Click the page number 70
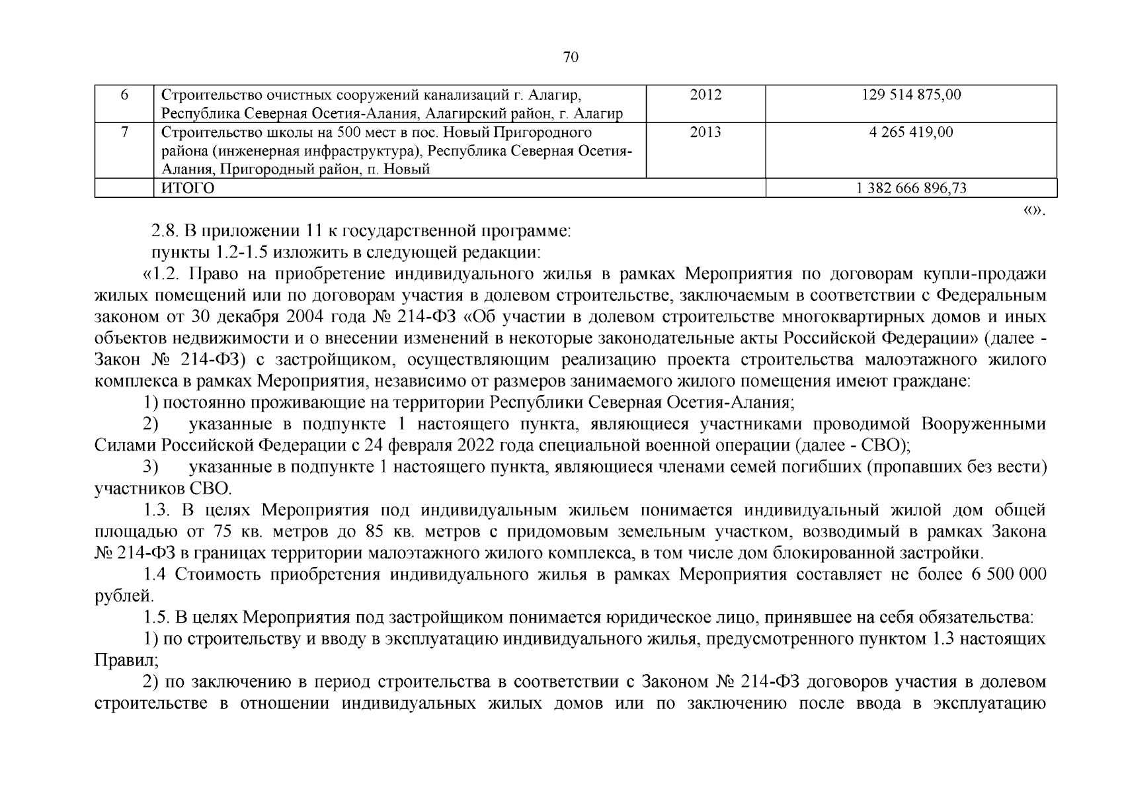[571, 58]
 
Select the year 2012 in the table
[705, 95]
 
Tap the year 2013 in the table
[705, 132]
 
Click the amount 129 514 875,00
[911, 95]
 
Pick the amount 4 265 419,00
[911, 132]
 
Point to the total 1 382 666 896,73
[911, 189]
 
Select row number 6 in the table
[124, 95]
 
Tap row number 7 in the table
[124, 132]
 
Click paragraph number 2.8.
[164, 232]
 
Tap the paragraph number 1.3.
[156, 510]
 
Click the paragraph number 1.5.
[157, 617]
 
